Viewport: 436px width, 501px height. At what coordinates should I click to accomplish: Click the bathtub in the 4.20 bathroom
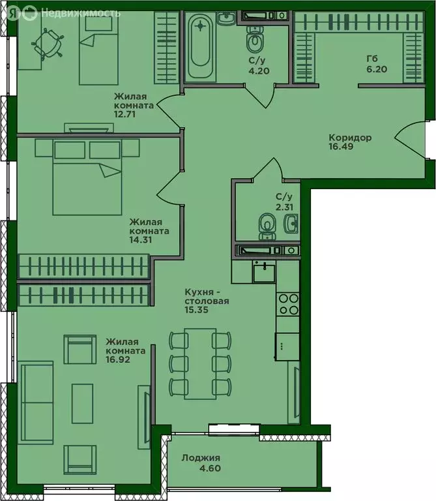200,46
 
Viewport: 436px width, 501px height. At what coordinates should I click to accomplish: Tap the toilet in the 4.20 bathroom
254,38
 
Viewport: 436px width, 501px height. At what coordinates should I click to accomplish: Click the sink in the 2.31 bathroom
291,223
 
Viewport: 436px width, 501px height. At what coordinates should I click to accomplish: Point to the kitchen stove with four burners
288,304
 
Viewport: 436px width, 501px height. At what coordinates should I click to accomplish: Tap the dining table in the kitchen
200,363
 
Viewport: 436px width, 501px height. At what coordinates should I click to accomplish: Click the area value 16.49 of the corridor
341,147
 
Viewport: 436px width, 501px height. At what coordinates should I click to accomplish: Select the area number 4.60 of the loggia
210,468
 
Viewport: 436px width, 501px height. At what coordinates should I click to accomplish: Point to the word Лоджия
201,458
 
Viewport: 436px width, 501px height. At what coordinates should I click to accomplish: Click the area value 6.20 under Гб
377,69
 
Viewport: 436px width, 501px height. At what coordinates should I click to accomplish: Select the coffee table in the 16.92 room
82,404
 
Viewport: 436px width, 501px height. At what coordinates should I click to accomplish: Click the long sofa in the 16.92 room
35,402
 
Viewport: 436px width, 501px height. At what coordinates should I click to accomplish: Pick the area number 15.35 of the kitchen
196,310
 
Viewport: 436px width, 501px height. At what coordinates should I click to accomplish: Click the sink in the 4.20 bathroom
226,18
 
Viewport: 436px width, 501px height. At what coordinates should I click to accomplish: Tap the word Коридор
350,138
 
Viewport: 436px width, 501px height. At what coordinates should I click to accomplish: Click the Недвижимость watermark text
81,14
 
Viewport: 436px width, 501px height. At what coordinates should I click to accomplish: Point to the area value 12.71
124,114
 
